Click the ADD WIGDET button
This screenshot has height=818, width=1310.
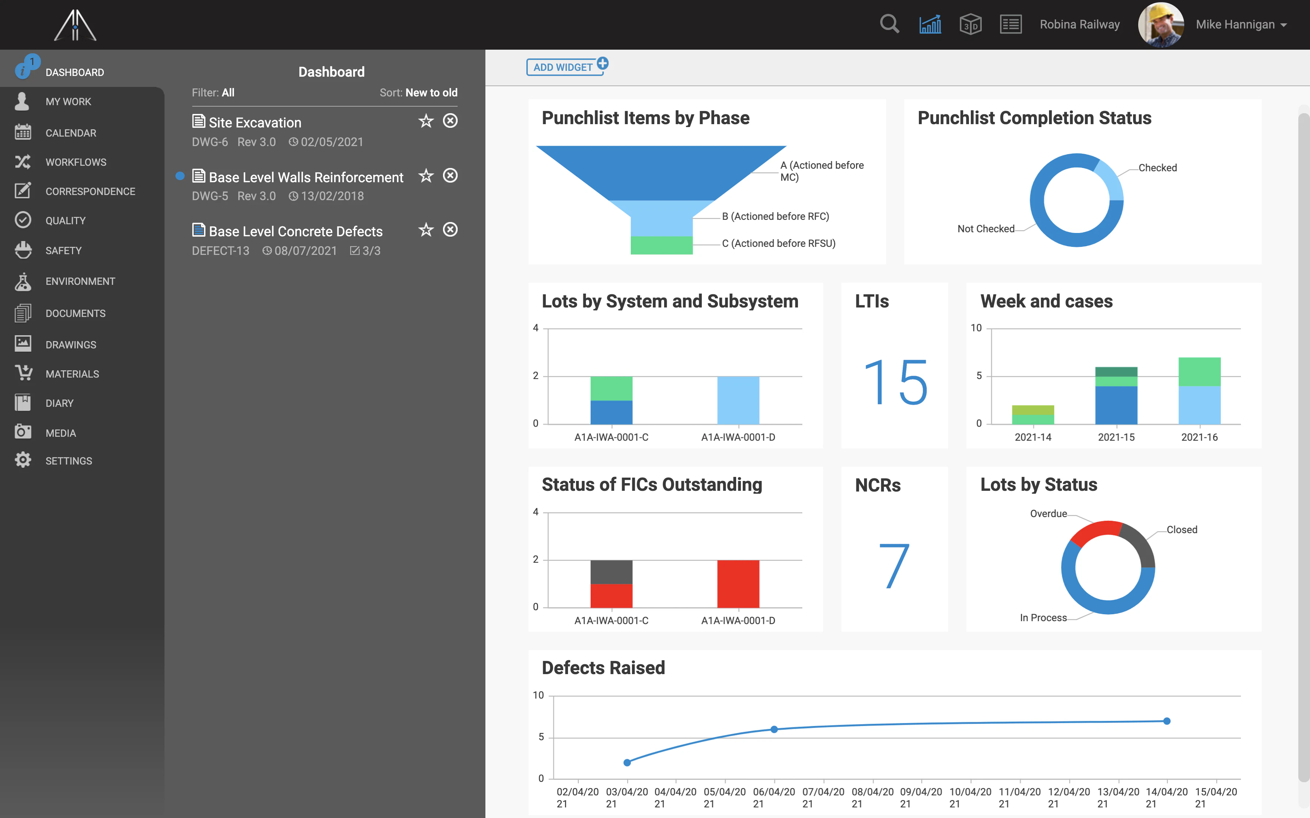pyautogui.click(x=563, y=67)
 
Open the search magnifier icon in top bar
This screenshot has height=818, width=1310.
pyautogui.click(x=889, y=24)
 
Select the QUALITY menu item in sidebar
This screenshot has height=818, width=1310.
pyautogui.click(x=65, y=221)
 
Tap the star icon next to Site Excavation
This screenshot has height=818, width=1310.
pyautogui.click(x=426, y=121)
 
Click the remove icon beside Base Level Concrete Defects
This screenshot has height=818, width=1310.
pyautogui.click(x=450, y=230)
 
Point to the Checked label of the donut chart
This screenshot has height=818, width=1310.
pyautogui.click(x=1157, y=168)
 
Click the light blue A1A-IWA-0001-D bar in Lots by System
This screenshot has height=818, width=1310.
pyautogui.click(x=738, y=400)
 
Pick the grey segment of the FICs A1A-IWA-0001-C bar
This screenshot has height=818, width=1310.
pyautogui.click(x=611, y=572)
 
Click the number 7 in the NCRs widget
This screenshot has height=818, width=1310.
pyautogui.click(x=894, y=566)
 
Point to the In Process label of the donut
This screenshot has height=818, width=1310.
pyautogui.click(x=1042, y=618)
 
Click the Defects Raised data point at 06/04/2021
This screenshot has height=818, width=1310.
pyautogui.click(x=774, y=729)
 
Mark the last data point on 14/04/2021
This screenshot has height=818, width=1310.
pyautogui.click(x=1167, y=721)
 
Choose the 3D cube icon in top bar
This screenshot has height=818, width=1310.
pyautogui.click(x=970, y=24)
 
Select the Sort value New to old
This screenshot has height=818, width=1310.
pyautogui.click(x=431, y=92)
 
